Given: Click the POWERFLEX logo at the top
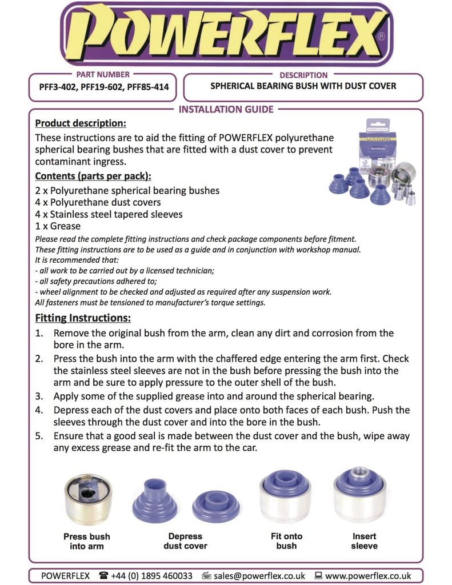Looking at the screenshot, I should [226, 34].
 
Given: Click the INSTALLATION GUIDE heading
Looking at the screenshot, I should [226, 109].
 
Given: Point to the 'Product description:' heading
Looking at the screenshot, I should [81, 123].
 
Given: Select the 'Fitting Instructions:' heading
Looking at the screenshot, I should [83, 318].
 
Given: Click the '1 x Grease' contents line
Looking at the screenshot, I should [58, 226].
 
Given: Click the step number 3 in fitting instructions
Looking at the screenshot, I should [39, 396].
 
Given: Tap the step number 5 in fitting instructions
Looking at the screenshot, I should [39, 436].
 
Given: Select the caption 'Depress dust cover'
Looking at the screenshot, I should [185, 541].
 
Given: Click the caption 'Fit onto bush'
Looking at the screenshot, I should [286, 541].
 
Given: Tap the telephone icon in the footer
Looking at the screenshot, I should [103, 576].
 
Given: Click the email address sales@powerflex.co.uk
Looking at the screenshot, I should [259, 576].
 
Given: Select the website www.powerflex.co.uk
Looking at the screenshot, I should [368, 576].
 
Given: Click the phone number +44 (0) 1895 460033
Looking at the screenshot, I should [151, 576].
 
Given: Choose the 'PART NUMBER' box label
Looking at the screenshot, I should [103, 74].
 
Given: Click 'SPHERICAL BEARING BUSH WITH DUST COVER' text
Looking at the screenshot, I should [303, 86].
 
